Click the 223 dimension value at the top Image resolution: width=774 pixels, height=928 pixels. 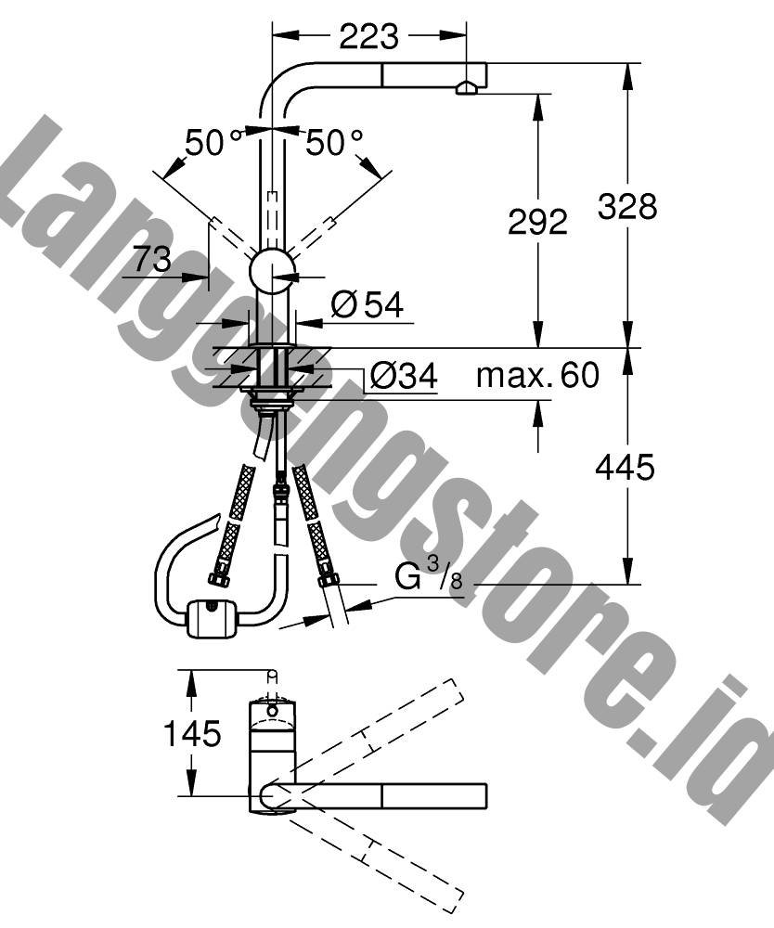[x=368, y=37]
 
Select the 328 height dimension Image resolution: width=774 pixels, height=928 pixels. [x=627, y=207]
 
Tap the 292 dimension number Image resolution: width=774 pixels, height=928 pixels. [x=538, y=222]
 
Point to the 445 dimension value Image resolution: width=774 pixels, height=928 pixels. [x=625, y=468]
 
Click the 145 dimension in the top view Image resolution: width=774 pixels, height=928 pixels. [x=192, y=733]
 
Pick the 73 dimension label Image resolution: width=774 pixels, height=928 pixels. [x=152, y=259]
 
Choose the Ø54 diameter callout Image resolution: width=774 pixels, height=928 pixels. [x=368, y=304]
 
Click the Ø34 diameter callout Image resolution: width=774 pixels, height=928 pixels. [x=404, y=375]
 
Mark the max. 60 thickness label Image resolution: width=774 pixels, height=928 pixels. [x=538, y=375]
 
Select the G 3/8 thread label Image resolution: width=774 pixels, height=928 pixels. [x=428, y=575]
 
